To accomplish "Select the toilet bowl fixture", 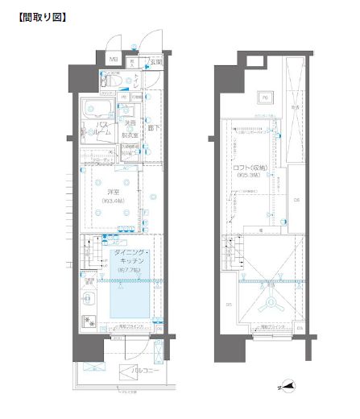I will (112, 81).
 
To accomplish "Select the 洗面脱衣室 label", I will (129, 129).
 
